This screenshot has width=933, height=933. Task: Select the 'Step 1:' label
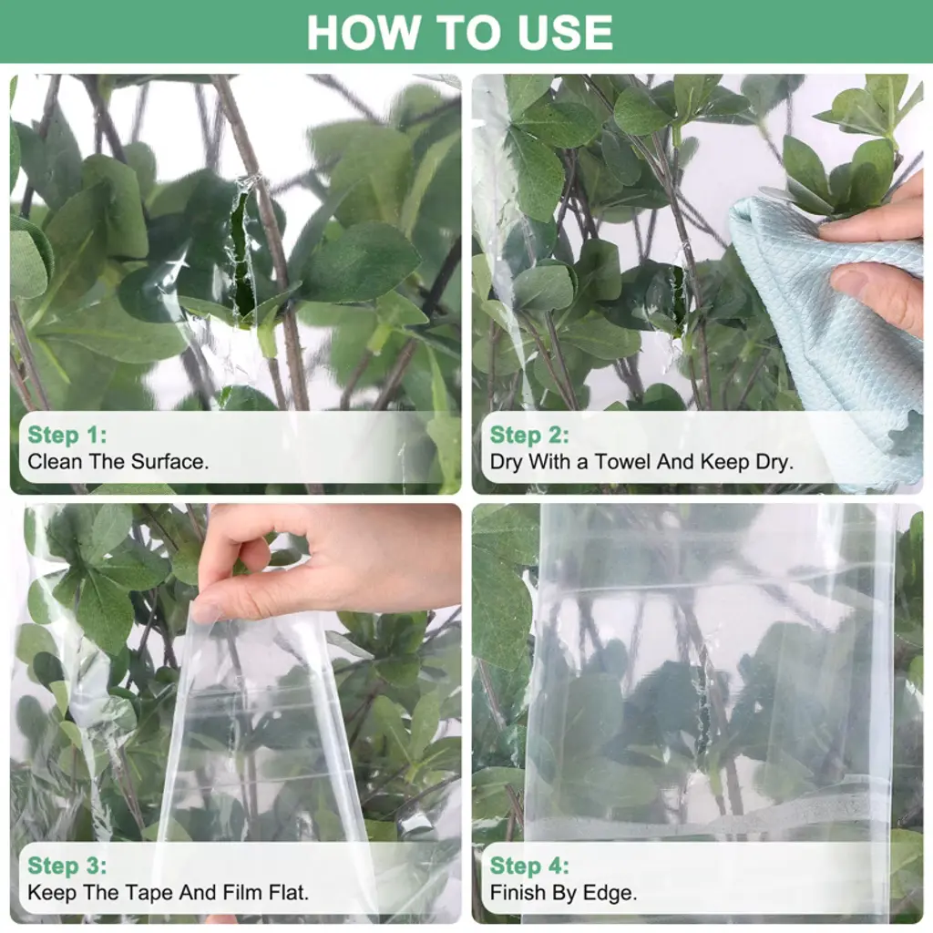[67, 435]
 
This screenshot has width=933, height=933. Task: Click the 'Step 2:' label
[529, 435]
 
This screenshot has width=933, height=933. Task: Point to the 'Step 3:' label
[67, 866]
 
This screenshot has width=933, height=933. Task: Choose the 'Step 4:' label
[529, 866]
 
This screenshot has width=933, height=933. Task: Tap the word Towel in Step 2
[621, 462]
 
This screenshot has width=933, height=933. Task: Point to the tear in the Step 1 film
[244, 250]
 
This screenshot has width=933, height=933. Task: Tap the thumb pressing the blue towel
[875, 292]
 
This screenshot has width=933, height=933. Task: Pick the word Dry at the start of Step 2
[506, 462]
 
